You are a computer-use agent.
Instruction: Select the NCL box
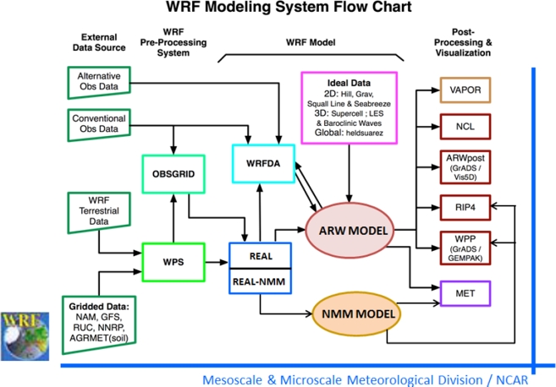465,126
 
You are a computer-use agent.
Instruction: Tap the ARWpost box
465,166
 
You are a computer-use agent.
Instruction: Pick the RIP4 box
465,205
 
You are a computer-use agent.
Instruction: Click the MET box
465,292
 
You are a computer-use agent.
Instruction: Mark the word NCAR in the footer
512,379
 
